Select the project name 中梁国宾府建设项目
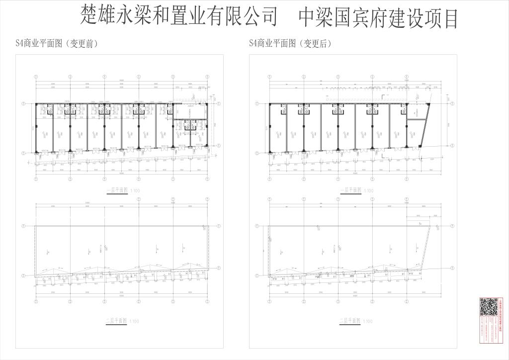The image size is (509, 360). [x=378, y=18]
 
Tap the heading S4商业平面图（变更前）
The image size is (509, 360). [x=57, y=44]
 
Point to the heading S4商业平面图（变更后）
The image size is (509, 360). [x=290, y=44]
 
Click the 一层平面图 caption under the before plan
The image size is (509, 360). [x=117, y=190]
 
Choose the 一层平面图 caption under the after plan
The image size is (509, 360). [x=351, y=190]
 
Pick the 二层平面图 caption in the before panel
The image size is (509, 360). [x=117, y=321]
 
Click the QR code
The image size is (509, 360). [x=489, y=307]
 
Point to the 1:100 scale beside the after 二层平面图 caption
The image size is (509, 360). [x=368, y=321]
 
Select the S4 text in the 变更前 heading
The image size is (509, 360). [x=20, y=44]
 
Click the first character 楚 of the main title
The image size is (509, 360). [x=89, y=16]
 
